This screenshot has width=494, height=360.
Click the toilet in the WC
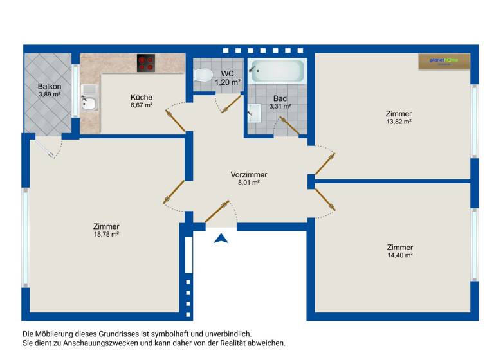coord(204,76)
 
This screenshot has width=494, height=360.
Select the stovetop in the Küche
coord(147,62)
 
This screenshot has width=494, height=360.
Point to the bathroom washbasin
coord(253,114)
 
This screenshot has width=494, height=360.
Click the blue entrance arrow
coord(221,239)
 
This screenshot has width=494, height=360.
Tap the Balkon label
coord(50,87)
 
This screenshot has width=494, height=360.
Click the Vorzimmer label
coord(249,175)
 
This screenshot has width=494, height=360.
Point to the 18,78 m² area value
coord(106,235)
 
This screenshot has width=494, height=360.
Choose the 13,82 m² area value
coord(399,122)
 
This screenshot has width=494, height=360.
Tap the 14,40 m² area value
coord(399,255)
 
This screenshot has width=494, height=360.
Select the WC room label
coord(228,74)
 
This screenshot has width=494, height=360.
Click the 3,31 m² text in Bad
coord(280,107)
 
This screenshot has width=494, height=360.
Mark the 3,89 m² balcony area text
coord(50,94)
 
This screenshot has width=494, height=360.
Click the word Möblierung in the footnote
coord(61,334)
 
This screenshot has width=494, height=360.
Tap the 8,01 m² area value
coord(249,183)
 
